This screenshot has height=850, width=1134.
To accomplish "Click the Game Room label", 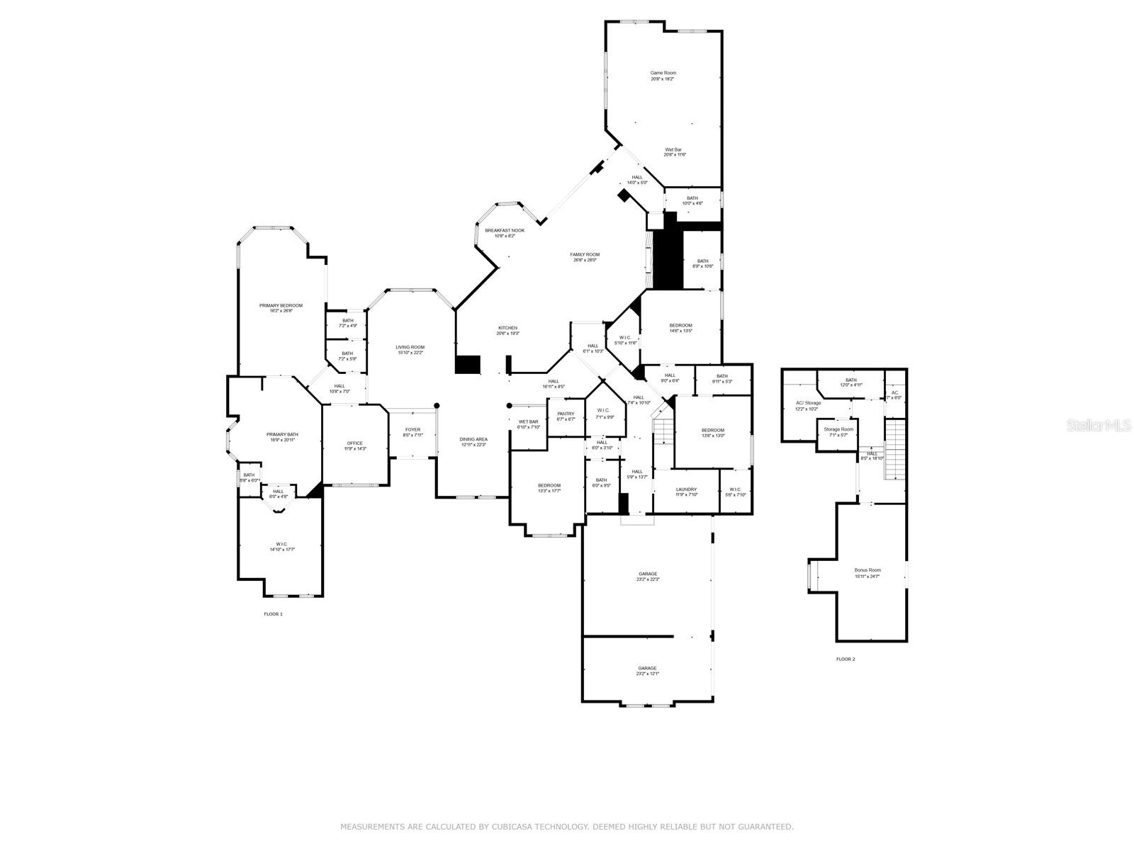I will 663,73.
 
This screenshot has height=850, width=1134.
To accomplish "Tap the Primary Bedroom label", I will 281,305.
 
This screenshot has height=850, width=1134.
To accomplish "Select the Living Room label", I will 410,347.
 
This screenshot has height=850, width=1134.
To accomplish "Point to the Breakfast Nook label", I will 505,230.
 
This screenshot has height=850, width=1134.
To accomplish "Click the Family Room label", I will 585,254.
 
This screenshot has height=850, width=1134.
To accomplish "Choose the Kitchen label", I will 507,328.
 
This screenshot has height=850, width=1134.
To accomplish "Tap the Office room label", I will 354,443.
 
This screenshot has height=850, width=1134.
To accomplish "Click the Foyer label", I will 412,429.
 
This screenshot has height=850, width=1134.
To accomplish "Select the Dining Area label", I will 473,439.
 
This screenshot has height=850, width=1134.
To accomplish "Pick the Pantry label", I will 566,414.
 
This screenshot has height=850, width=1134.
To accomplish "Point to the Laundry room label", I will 686,489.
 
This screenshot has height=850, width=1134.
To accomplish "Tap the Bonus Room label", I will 868,570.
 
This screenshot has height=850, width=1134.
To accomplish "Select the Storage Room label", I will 838,429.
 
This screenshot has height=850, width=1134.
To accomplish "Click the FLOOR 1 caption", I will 273,614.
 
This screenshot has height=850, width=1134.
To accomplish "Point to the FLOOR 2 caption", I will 846,659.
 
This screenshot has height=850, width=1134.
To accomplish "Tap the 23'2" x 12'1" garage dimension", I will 647,674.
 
